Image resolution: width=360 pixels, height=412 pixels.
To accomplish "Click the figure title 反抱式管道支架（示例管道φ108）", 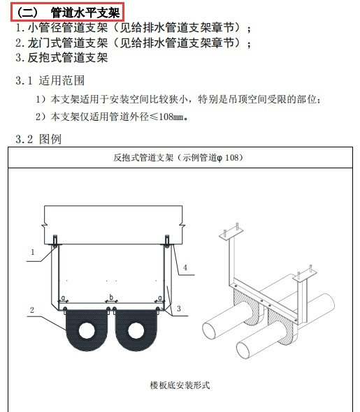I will [x=180, y=158].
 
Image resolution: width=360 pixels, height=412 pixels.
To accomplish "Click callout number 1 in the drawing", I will [x=32, y=251].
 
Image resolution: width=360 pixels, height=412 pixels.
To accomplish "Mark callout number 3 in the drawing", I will [x=179, y=308].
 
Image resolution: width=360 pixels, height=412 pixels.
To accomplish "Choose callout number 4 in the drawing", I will [x=185, y=267].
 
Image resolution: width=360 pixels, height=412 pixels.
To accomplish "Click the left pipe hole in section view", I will [x=86, y=328].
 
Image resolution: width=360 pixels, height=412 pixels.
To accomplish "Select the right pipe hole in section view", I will [x=134, y=328].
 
